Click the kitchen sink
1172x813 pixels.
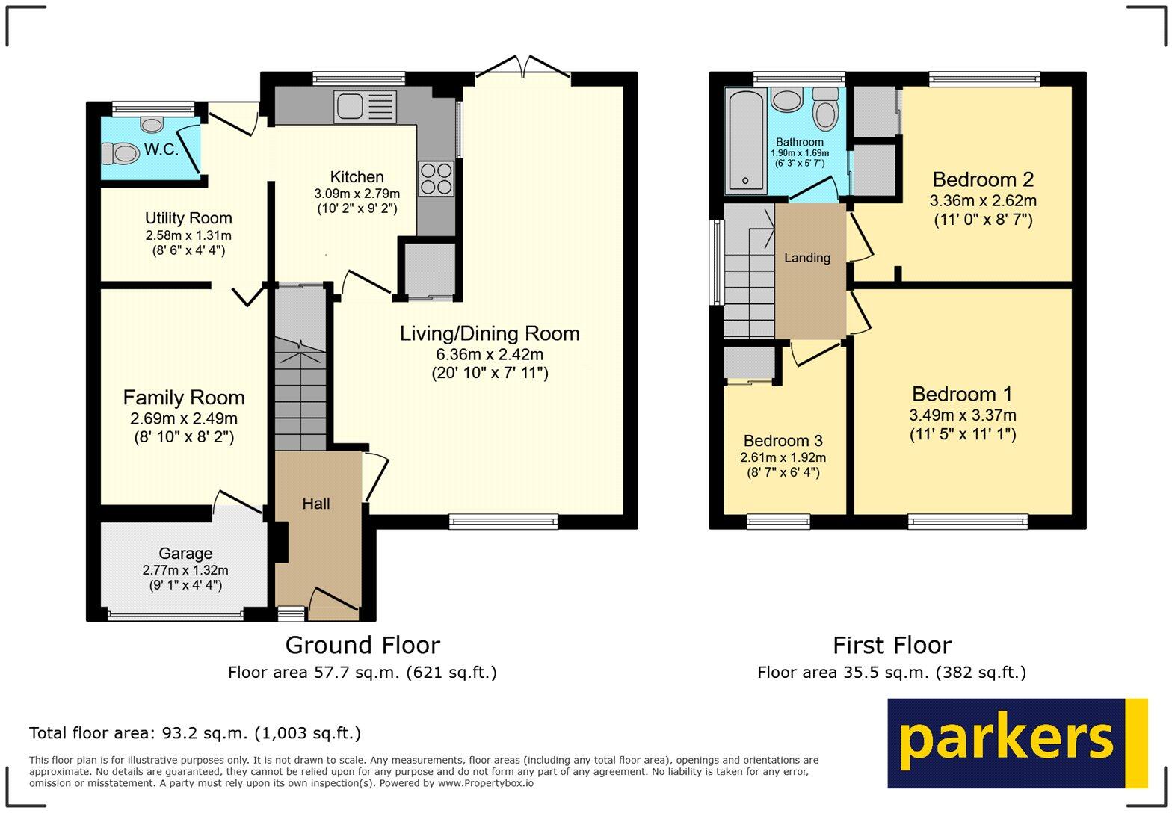[366, 105]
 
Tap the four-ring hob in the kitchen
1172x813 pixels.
[437, 179]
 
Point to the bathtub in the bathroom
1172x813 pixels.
[744, 140]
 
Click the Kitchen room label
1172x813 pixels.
[357, 177]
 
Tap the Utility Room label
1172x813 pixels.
[188, 218]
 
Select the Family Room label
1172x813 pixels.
[184, 398]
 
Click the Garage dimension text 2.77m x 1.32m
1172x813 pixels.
[185, 570]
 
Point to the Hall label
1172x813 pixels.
[316, 504]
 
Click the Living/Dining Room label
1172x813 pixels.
[490, 333]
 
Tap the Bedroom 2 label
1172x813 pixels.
[983, 179]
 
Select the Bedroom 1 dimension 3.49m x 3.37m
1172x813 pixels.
[963, 415]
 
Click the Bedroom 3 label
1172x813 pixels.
[783, 441]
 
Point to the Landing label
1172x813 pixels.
[807, 258]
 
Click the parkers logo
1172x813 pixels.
[1017, 743]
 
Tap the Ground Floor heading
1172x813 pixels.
[363, 645]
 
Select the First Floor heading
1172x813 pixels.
[892, 645]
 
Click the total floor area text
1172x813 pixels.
[195, 733]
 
